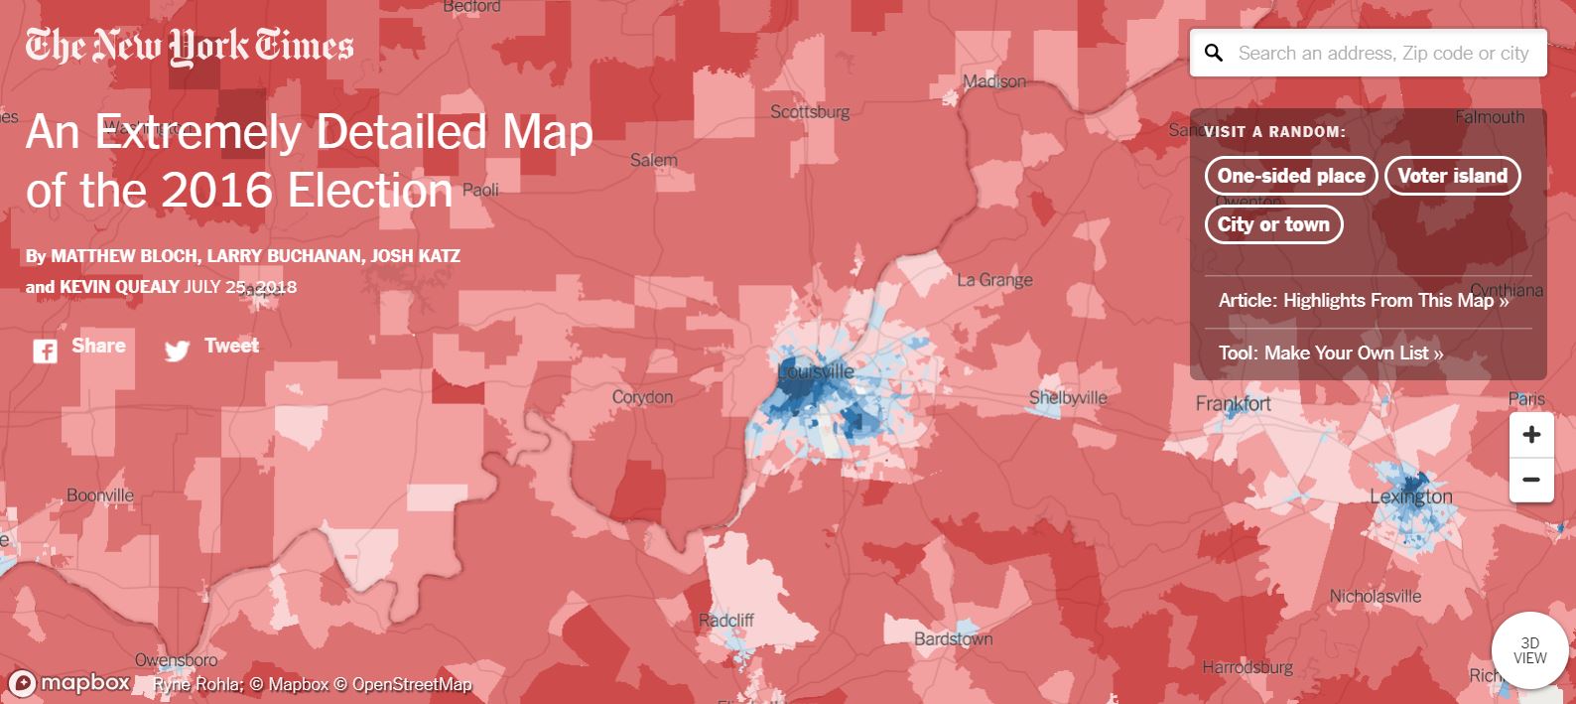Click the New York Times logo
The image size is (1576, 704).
189,46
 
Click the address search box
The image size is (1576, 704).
1382,54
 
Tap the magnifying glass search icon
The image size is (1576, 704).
1213,54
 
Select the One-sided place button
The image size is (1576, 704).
1290,176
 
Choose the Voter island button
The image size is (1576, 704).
1452,176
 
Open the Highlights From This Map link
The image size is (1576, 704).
1363,301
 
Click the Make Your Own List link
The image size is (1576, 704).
1330,352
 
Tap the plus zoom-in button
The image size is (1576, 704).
1530,435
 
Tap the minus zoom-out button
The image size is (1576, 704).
1530,480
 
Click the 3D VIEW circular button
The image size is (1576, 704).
1529,650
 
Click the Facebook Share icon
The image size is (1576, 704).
45,350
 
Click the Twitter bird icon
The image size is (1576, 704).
177,351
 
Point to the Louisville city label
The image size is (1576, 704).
815,372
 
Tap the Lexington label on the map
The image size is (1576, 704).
1410,496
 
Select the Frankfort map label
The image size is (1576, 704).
1233,404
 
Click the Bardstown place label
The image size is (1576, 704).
953,638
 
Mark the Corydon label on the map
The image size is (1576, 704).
642,397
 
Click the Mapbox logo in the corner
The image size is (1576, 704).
70,683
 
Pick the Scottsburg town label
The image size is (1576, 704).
810,111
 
